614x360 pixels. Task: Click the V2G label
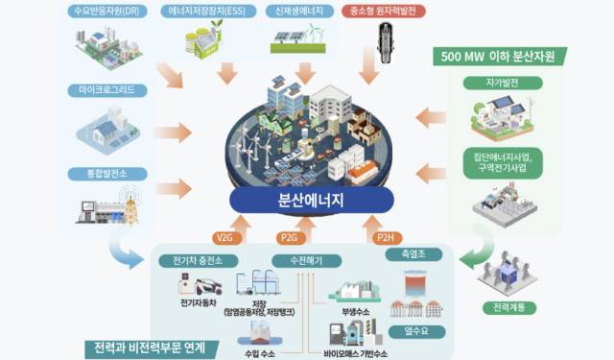click(x=224, y=236)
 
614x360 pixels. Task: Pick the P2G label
click(x=289, y=236)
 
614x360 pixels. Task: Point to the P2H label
click(x=384, y=236)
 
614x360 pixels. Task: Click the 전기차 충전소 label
click(x=200, y=261)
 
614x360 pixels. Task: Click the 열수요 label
click(x=413, y=331)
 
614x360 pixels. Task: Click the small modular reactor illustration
click(x=386, y=47)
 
